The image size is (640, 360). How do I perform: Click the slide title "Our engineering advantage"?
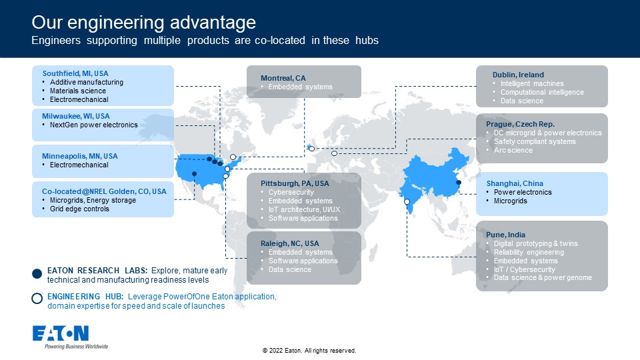[144, 23]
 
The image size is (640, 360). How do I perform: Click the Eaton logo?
[61, 333]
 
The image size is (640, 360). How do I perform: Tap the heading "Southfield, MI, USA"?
[75, 73]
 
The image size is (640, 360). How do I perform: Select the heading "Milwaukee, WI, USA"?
[76, 116]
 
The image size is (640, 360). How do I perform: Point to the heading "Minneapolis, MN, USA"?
[79, 156]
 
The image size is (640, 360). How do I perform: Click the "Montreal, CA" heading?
[283, 78]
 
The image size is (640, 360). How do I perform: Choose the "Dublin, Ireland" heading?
[519, 75]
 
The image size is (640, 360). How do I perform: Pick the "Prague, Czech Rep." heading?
[521, 124]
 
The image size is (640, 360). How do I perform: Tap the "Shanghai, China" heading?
[515, 183]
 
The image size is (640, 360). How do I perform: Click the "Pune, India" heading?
[506, 235]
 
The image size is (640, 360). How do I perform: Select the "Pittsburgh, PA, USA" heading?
[295, 183]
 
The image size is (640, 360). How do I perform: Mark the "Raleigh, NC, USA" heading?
[290, 243]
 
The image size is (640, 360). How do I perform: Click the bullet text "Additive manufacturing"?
[87, 82]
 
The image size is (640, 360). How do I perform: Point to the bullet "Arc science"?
[513, 150]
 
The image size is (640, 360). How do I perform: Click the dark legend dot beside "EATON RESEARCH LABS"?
[37, 274]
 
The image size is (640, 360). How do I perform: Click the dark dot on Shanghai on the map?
[459, 183]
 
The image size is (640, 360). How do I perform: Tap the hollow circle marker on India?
[407, 201]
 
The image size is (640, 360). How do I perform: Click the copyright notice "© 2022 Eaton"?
[281, 351]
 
